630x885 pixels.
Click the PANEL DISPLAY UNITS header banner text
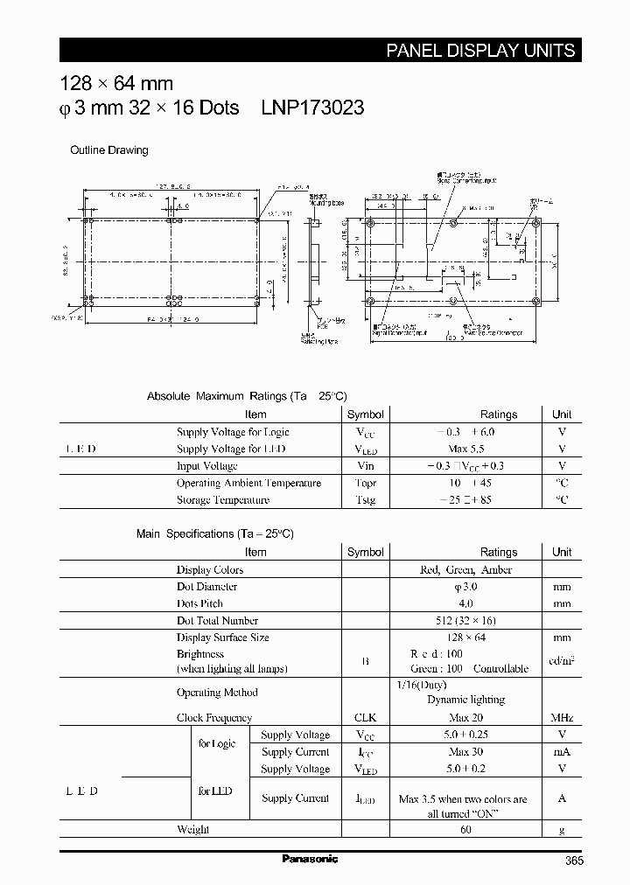tap(480, 51)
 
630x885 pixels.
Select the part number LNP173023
tap(312, 108)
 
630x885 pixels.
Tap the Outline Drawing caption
tap(109, 150)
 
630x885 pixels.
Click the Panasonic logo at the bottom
tap(310, 859)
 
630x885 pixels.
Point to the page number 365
tap(574, 861)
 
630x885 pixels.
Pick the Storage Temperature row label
tap(223, 500)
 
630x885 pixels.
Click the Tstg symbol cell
tap(365, 500)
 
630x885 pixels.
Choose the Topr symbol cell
tap(365, 484)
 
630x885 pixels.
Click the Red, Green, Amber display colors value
tap(466, 569)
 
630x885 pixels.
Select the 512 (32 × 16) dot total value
tap(465, 621)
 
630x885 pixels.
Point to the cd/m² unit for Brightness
tap(562, 661)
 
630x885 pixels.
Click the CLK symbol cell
tap(365, 718)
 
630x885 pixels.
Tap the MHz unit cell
tap(562, 718)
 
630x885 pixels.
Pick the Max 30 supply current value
tap(465, 752)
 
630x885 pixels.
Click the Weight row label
tap(192, 829)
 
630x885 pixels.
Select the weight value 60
tap(465, 829)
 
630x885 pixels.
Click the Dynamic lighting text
tap(465, 700)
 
